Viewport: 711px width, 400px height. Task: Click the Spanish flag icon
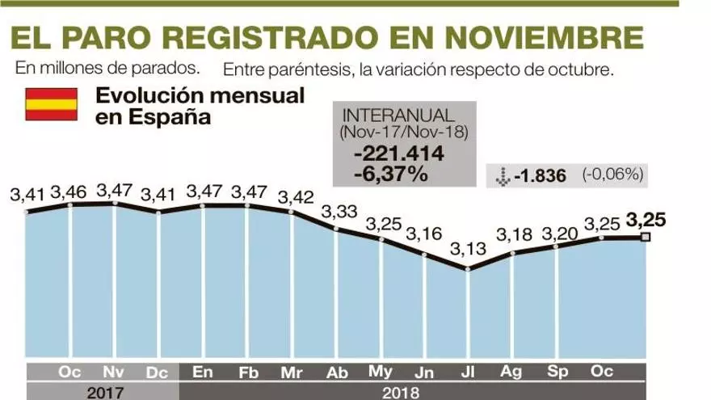point(52,104)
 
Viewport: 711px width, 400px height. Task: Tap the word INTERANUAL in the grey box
point(387,115)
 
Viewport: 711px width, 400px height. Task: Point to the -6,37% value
point(390,173)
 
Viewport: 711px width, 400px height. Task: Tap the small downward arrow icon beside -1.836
point(502,175)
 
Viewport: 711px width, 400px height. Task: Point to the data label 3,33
point(339,212)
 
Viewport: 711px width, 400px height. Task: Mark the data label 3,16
point(423,234)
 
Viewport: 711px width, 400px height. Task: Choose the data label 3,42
point(295,196)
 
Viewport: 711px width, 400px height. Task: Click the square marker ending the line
point(646,237)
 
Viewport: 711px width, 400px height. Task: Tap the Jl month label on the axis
point(468,373)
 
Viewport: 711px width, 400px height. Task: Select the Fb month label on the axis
point(249,373)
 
